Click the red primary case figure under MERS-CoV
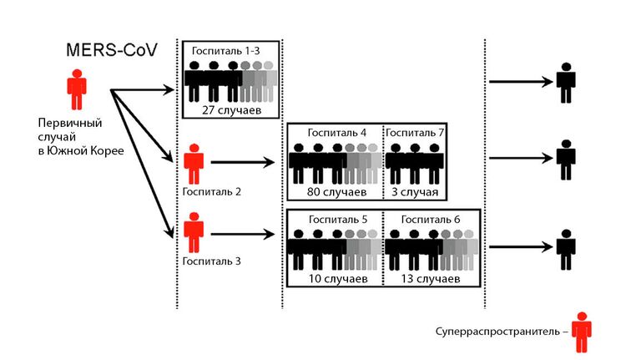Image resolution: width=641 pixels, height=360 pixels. click(x=76, y=89)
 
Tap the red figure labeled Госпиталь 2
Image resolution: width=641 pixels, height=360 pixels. click(x=194, y=163)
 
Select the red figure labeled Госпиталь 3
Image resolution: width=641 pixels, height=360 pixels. click(x=194, y=233)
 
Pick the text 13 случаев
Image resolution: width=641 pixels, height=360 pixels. click(x=431, y=276)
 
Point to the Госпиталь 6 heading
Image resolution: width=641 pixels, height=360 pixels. click(x=429, y=218)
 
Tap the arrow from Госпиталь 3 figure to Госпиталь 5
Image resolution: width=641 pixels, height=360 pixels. click(x=243, y=233)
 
